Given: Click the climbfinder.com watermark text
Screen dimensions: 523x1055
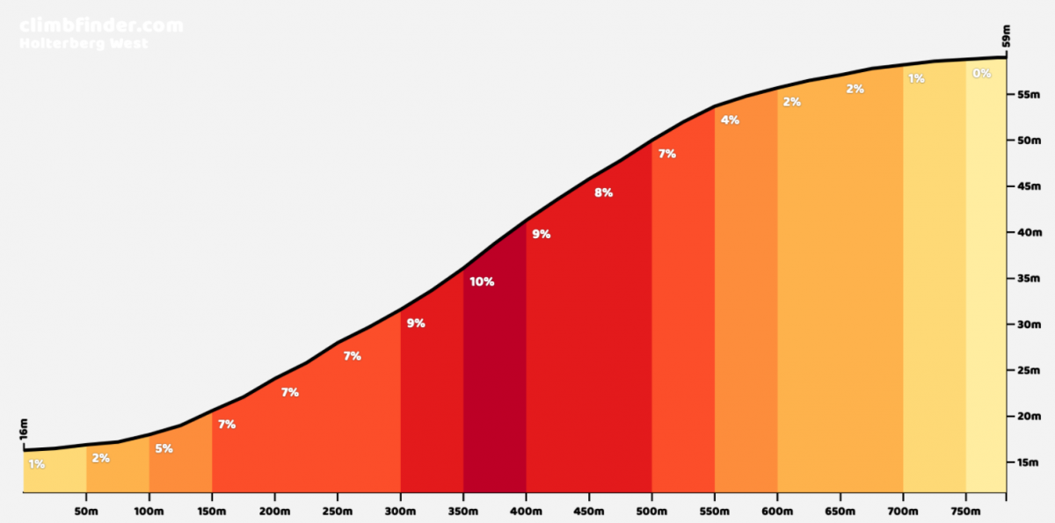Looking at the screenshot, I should tap(101, 25).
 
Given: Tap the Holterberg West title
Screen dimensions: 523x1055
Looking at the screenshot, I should tap(84, 43).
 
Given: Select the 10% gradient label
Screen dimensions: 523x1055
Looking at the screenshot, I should tap(482, 282).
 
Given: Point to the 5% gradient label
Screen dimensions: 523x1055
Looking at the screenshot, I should tap(164, 448).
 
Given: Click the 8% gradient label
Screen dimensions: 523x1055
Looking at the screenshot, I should tap(603, 192).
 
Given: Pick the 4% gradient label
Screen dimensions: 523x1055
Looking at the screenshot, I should tap(730, 120).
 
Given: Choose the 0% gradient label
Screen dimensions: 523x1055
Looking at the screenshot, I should tap(981, 74).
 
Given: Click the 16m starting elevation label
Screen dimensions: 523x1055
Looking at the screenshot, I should tap(24, 430).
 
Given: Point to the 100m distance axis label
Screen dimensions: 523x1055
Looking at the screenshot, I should tap(149, 511).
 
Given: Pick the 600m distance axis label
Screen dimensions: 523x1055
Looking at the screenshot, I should tap(777, 511).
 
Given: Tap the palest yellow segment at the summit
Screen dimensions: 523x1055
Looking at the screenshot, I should tap(985, 281).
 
